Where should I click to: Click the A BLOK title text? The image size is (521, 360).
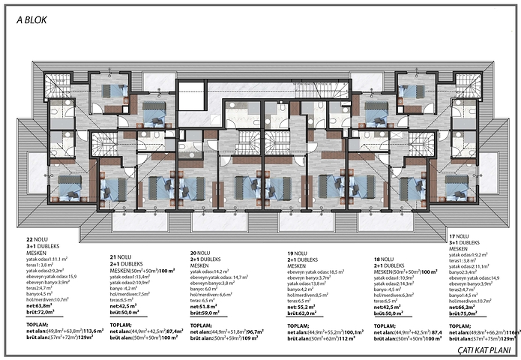(31, 20)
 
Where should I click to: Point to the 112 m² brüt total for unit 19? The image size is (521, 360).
(346, 339)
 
